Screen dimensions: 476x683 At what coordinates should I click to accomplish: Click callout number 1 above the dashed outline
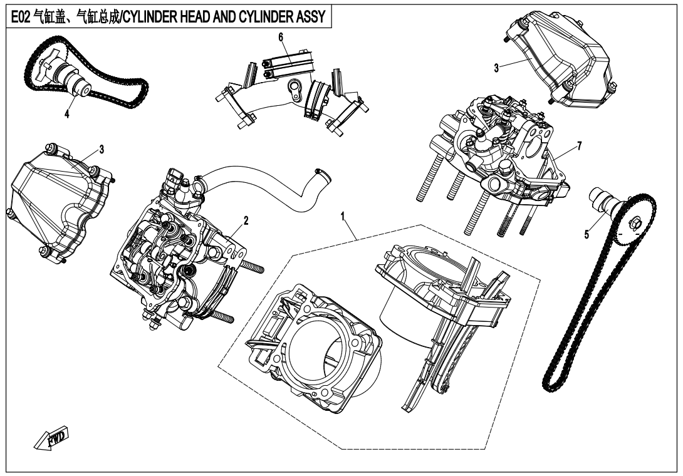click(x=343, y=217)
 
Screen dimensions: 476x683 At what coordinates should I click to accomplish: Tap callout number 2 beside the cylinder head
click(x=246, y=220)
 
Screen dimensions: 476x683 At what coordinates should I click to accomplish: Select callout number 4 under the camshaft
click(x=66, y=115)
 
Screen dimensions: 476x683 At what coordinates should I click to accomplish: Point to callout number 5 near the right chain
click(x=587, y=235)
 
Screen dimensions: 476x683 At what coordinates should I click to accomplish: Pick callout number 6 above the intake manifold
click(x=281, y=38)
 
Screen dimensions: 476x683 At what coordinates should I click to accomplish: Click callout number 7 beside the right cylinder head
click(x=580, y=145)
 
